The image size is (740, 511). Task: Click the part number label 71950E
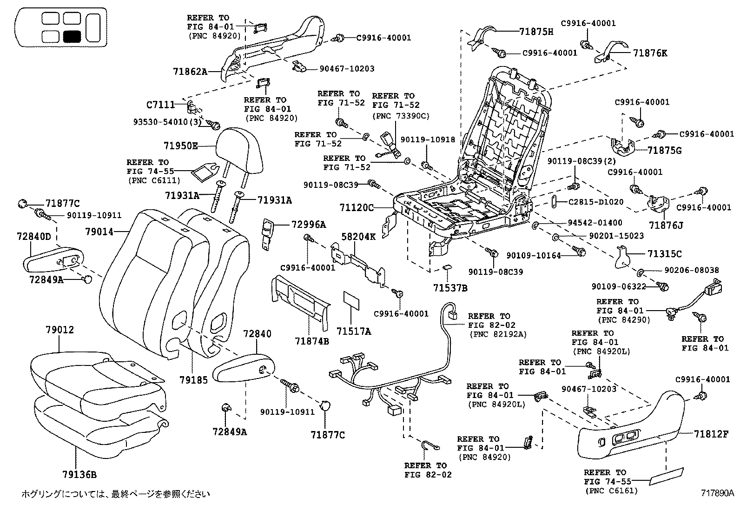[x=180, y=146]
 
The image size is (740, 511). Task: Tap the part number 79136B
[x=79, y=474]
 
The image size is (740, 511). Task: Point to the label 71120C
[x=357, y=207]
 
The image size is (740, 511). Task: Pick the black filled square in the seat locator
[x=72, y=37]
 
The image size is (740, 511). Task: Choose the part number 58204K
[x=359, y=236]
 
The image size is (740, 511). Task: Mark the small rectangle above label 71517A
[x=351, y=302]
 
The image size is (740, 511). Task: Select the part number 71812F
[x=711, y=434]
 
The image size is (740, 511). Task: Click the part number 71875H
[x=536, y=32]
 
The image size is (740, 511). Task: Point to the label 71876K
[x=650, y=53]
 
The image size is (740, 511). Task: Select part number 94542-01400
[x=595, y=223]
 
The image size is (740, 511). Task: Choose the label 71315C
[x=665, y=254]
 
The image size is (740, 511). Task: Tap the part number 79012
[x=59, y=330]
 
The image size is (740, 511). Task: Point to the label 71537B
[x=450, y=288]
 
